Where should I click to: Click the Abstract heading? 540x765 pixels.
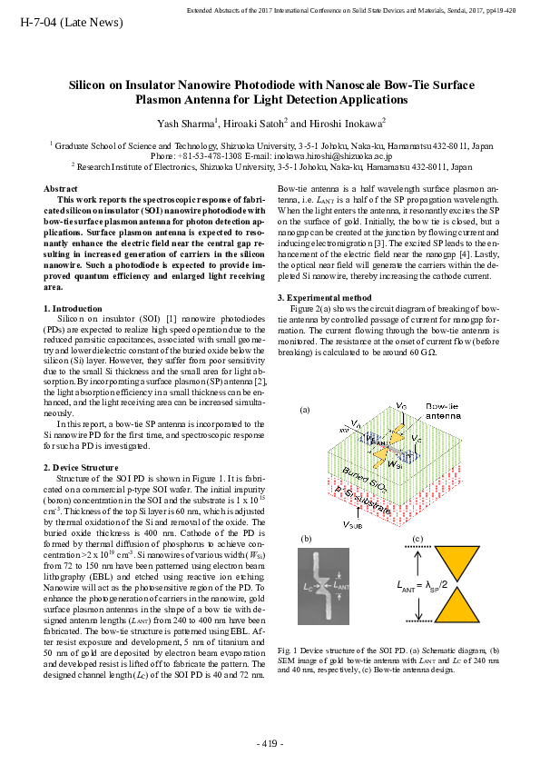click(x=61, y=188)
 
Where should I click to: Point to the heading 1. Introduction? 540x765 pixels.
click(x=73, y=310)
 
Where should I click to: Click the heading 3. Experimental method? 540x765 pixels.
click(x=324, y=297)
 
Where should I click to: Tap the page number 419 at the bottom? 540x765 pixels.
click(x=270, y=744)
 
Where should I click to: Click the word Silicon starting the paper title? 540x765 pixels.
click(x=89, y=84)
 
